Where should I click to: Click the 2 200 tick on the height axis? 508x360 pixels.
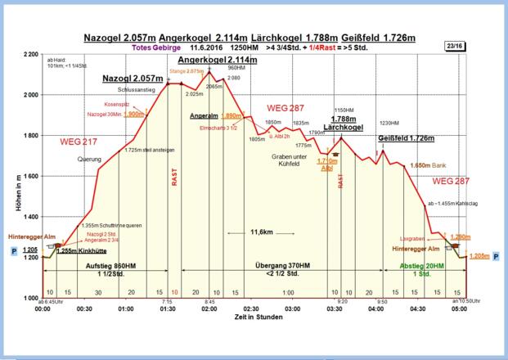pyautogui.click(x=29, y=54)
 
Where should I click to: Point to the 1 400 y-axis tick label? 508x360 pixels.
pyautogui.click(x=29, y=217)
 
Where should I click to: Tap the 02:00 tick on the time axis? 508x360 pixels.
pyautogui.click(x=209, y=308)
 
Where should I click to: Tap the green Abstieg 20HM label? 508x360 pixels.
pyautogui.click(x=421, y=266)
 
